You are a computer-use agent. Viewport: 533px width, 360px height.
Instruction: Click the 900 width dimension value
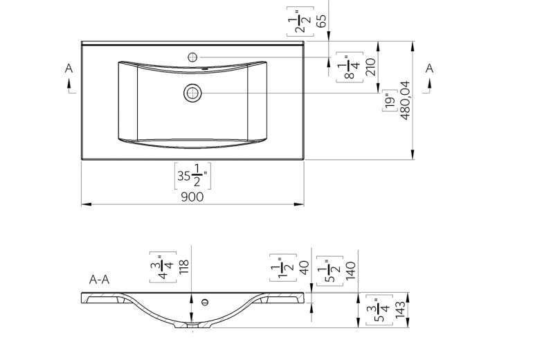pyautogui.click(x=192, y=197)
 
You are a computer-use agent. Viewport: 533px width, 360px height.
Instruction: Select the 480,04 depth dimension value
pyautogui.click(x=406, y=100)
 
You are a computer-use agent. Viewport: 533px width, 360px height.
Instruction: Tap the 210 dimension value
pyautogui.click(x=371, y=66)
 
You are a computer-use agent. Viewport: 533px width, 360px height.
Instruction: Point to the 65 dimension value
pyautogui.click(x=321, y=21)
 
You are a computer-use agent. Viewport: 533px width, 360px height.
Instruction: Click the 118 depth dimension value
pyautogui.click(x=183, y=267)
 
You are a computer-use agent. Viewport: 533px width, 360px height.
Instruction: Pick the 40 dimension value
pyautogui.click(x=304, y=267)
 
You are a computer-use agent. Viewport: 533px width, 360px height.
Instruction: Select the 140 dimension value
pyautogui.click(x=350, y=271)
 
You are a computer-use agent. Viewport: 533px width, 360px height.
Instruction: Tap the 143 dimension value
pyautogui.click(x=400, y=309)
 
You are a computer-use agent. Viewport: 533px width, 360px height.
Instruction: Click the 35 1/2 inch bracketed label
pyautogui.click(x=192, y=176)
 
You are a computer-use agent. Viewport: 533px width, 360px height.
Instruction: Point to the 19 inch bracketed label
pyautogui.click(x=390, y=100)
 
